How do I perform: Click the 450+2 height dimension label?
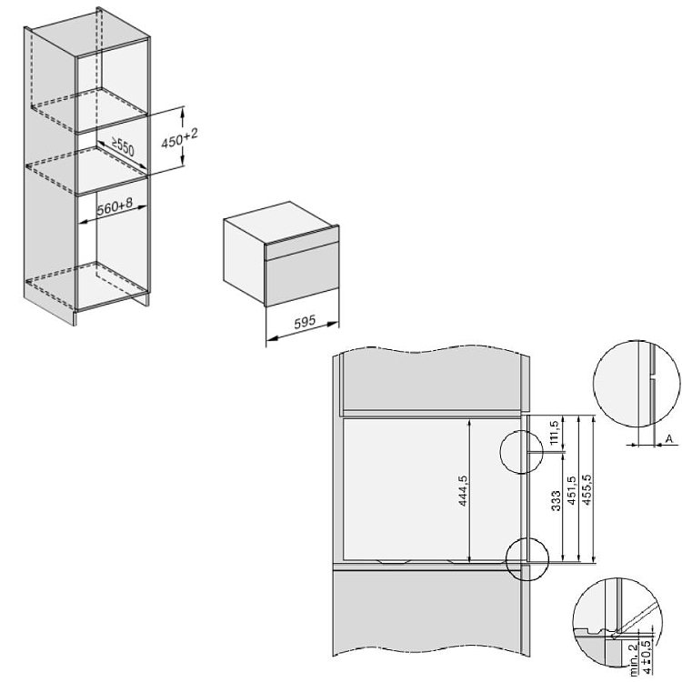pos(179,137)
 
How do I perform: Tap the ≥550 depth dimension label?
pos(123,147)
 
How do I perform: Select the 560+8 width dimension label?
pos(115,207)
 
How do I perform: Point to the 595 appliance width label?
pos(305,322)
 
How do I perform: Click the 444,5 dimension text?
pos(463,491)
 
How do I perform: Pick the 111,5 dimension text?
pos(554,432)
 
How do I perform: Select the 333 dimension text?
pos(556,500)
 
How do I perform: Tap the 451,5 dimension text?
pos(572,491)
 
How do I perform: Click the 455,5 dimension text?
pos(587,489)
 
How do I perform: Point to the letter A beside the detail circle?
pos(669,438)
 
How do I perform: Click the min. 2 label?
pos(635,663)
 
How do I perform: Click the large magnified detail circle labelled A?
pos(594,383)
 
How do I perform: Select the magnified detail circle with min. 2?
pos(573,622)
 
